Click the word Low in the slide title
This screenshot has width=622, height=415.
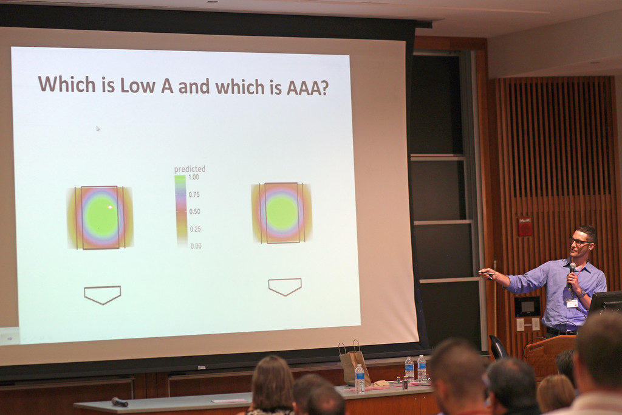[138, 85]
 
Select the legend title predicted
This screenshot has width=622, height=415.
[190, 169]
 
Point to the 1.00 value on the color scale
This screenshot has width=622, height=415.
[194, 177]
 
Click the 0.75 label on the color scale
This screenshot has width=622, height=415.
[194, 194]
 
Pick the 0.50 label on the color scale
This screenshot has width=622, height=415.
[194, 211]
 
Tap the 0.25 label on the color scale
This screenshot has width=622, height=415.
[195, 229]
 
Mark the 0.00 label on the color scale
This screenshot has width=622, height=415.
[196, 246]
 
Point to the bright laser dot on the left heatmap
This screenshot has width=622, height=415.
[110, 207]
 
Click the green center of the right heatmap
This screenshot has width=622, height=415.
[282, 212]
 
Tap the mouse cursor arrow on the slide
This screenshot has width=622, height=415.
[98, 129]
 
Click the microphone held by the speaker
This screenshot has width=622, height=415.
[572, 274]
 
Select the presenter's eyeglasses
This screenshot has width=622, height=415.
[580, 241]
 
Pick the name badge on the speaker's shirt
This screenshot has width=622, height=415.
[572, 304]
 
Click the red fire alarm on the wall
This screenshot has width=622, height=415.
[525, 227]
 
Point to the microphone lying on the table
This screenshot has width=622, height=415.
[120, 402]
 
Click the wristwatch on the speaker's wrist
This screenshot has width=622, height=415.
[582, 293]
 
